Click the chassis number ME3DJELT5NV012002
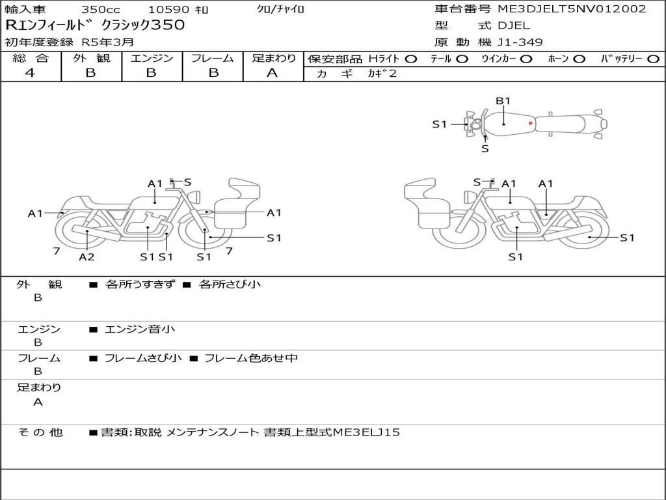(572, 9)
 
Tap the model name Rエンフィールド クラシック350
(95, 25)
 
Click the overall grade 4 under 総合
(30, 73)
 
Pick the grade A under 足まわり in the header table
(273, 73)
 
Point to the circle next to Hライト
(411, 59)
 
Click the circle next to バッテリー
(653, 59)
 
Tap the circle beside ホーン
(579, 59)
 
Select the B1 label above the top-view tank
(503, 101)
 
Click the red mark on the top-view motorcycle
(531, 123)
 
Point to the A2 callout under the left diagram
(87, 257)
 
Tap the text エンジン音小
(140, 329)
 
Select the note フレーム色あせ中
(251, 358)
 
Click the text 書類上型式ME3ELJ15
(332, 432)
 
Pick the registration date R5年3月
(108, 42)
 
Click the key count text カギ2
(382, 74)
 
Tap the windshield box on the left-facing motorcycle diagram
(245, 189)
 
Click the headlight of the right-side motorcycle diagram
(470, 197)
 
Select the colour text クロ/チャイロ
(281, 9)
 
